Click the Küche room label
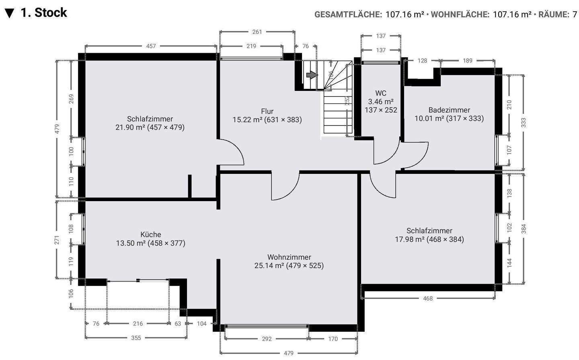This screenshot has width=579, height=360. coord(151,235)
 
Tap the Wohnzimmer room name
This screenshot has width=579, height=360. coord(289,257)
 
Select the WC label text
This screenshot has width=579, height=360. coord(381,93)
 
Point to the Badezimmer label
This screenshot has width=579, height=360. coord(449,110)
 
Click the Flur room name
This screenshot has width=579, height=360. coord(267,111)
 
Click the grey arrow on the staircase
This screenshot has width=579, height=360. coord(312,75)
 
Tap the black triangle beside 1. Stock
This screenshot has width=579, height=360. coord(10,13)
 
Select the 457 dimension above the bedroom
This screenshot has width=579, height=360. coord(151,46)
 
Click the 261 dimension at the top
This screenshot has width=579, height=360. coord(257,32)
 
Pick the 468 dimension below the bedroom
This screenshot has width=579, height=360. coord(428,298)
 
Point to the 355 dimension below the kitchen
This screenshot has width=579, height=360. coord(136,338)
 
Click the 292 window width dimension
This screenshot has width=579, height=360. coord(267,339)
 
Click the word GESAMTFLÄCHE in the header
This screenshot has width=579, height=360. coord(348,14)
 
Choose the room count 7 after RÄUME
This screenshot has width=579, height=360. coord(575,14)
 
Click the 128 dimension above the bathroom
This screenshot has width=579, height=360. coord(422,60)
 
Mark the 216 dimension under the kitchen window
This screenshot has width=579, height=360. coord(138,323)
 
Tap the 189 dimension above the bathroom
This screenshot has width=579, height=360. coord(468,60)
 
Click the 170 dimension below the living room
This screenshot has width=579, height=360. coord(333,339)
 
